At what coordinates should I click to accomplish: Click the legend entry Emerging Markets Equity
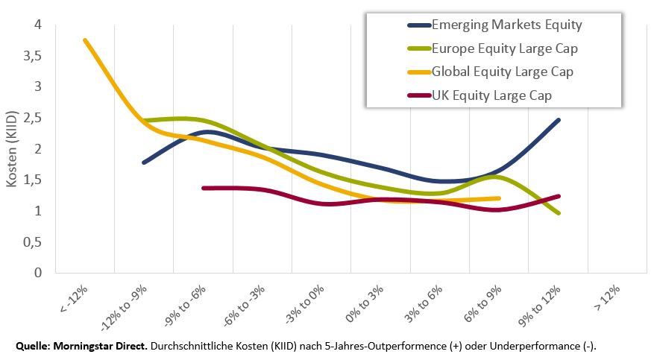(x=506, y=25)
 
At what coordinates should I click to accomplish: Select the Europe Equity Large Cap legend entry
(x=505, y=49)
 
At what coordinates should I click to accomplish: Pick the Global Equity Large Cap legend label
(x=503, y=72)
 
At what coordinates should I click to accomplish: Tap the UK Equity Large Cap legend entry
(x=492, y=95)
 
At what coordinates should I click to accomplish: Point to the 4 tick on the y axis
(x=38, y=25)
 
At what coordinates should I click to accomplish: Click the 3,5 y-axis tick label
(x=33, y=56)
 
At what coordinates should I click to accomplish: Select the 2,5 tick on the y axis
(x=33, y=119)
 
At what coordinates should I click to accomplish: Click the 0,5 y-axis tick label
(x=33, y=242)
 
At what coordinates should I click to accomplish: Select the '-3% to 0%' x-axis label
(x=305, y=300)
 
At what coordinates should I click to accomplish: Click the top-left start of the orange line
(x=85, y=40)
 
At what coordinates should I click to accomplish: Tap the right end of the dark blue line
(x=558, y=120)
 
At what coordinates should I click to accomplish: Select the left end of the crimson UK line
(x=204, y=189)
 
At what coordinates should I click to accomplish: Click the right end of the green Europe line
(x=558, y=213)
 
